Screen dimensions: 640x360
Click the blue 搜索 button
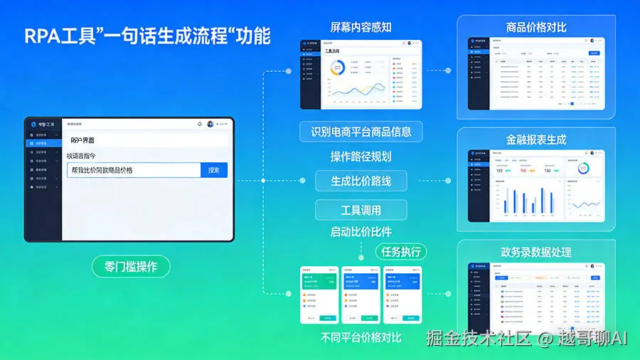[213, 170]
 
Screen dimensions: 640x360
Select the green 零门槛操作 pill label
[132, 267]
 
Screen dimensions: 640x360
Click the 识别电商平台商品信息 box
[361, 132]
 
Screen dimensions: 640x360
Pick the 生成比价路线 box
[361, 181]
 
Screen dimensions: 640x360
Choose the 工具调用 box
[361, 210]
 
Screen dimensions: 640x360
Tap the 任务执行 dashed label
[401, 251]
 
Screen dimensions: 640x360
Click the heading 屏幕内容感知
[361, 28]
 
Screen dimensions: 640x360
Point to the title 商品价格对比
[537, 28]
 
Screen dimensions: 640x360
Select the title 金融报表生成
[536, 140]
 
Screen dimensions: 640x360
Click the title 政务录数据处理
[536, 252]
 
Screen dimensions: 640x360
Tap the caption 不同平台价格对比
[361, 337]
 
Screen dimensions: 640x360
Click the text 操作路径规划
[361, 157]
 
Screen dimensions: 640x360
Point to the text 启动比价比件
[361, 231]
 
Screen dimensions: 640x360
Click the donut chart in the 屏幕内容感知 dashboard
[338, 68]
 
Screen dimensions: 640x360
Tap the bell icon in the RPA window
[200, 124]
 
